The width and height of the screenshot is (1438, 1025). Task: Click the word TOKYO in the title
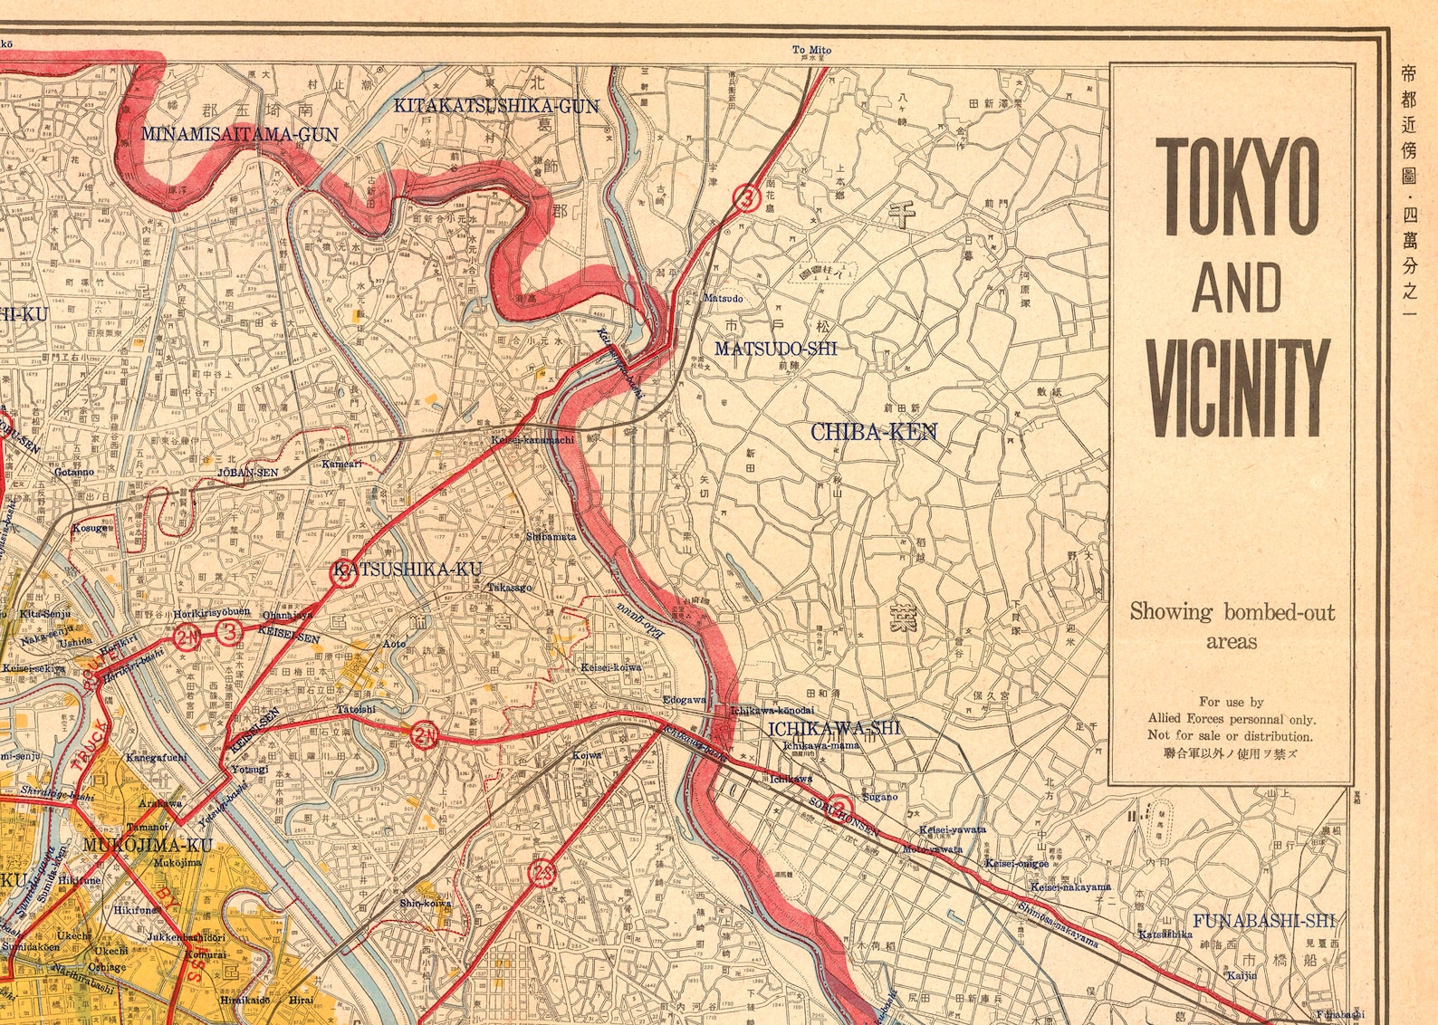1237,187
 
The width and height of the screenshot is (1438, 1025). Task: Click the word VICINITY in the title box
1237,388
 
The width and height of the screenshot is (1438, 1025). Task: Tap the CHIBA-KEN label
873,432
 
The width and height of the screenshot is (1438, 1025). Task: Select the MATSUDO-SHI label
775,349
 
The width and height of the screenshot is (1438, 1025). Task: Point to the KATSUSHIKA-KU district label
407,570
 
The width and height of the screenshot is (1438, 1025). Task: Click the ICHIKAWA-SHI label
834,727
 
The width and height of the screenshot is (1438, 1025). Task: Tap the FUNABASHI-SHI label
1263,921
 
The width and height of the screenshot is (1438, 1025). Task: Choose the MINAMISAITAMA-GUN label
239,134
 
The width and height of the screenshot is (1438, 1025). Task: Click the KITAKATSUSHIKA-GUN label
495,106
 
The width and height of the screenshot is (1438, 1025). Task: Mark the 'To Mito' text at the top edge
810,50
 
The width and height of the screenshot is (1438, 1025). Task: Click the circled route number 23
542,874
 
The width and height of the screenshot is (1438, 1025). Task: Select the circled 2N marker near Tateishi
424,735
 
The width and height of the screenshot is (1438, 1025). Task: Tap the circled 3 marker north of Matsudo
745,196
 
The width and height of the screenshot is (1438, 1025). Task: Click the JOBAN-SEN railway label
247,473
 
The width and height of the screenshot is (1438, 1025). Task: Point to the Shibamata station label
551,536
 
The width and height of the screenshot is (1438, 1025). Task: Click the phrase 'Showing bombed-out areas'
1232,626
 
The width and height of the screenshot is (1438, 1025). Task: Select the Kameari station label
342,464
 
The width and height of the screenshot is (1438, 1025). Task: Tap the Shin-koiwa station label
426,903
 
